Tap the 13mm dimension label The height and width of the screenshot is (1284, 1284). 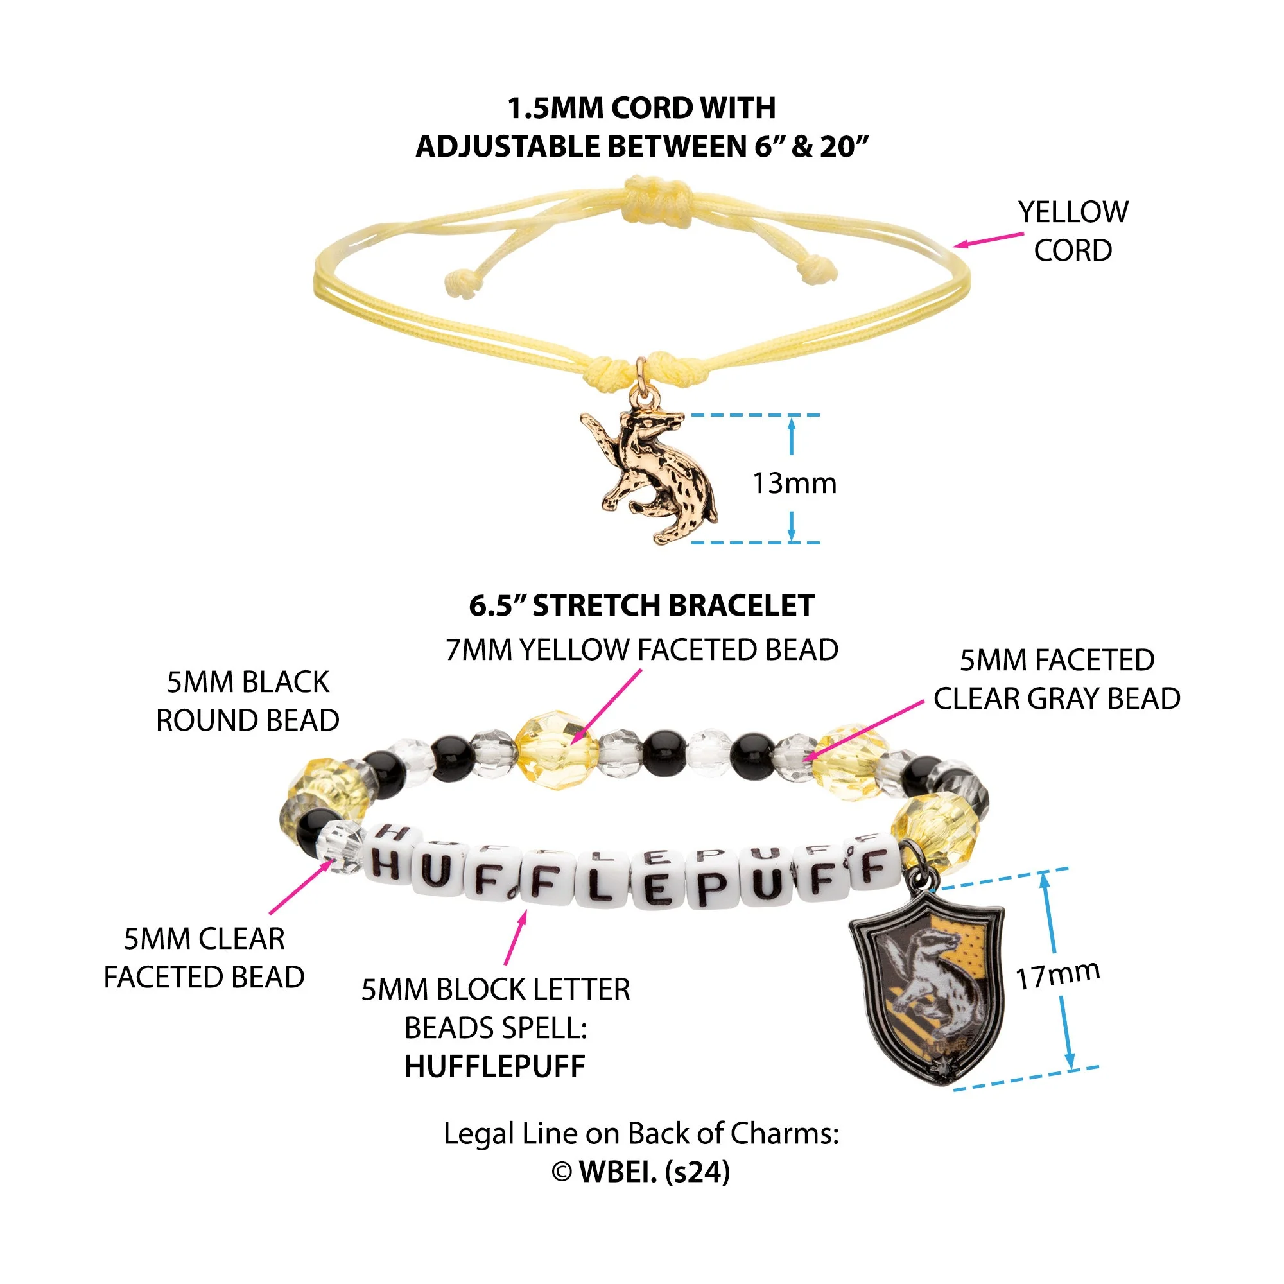[794, 483]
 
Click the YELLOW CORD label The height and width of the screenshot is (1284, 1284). [1073, 231]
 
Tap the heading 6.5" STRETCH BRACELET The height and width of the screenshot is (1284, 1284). [641, 605]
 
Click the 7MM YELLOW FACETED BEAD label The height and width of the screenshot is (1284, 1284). [642, 650]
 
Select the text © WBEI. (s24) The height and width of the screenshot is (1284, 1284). [641, 1172]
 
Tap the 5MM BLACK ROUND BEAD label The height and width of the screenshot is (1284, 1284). [248, 701]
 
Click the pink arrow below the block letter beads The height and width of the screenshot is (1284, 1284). [516, 937]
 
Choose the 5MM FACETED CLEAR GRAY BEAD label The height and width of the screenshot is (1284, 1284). [1057, 679]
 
